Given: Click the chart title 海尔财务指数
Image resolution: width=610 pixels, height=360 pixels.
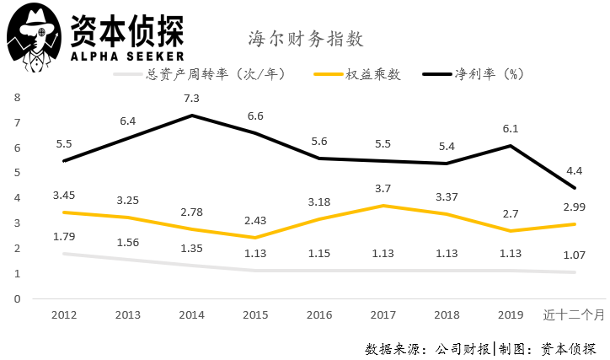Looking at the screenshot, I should click(x=305, y=39).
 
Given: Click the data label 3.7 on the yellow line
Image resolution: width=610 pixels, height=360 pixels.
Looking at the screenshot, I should click(x=383, y=187).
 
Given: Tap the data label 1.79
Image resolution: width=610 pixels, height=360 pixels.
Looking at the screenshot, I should click(x=65, y=236).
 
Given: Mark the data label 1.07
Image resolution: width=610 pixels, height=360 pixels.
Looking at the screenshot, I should click(x=573, y=255).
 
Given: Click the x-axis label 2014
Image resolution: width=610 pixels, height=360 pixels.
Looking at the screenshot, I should click(x=193, y=314).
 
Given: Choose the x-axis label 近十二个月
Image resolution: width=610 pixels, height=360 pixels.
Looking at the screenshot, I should click(x=573, y=314).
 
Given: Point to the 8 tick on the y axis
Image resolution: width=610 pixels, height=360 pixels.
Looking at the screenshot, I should click(x=17, y=97).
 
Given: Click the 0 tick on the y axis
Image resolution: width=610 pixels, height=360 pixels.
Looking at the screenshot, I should click(x=17, y=298).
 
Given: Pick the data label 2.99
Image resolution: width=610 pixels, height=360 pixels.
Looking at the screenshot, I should click(x=573, y=207).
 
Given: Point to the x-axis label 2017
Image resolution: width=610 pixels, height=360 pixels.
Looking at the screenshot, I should click(x=383, y=314).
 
